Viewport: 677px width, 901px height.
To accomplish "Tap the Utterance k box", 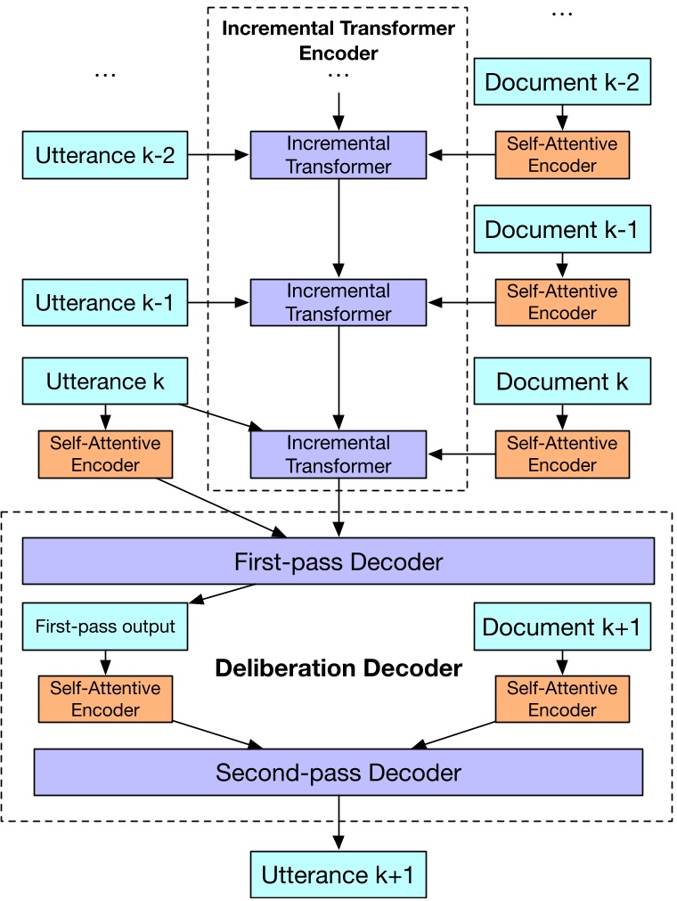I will tap(105, 381).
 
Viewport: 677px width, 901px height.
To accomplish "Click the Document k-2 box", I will tap(562, 83).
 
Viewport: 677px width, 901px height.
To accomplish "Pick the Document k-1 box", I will tap(562, 230).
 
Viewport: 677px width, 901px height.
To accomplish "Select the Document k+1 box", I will tap(562, 627).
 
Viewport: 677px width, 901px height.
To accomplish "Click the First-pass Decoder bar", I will tap(338, 561).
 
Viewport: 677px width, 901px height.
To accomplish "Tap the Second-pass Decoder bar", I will tap(338, 772).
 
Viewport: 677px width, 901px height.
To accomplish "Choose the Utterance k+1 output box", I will tap(338, 874).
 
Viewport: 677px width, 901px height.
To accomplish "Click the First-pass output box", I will tap(105, 626).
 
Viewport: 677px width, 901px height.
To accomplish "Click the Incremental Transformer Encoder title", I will tap(338, 40).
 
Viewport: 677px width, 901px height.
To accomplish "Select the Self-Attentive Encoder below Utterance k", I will tap(105, 454).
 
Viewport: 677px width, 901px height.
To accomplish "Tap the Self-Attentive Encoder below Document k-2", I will tap(562, 154).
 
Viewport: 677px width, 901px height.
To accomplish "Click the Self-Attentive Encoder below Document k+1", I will tap(562, 699).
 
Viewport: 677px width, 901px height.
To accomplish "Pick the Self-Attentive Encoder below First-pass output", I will tap(105, 699).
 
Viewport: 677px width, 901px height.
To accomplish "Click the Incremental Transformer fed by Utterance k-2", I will tap(338, 155).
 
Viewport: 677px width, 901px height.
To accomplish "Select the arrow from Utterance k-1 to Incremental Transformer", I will tap(217, 303).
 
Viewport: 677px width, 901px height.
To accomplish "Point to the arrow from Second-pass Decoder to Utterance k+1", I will tap(338, 822).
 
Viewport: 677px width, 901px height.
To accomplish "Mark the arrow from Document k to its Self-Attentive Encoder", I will tap(562, 416).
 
